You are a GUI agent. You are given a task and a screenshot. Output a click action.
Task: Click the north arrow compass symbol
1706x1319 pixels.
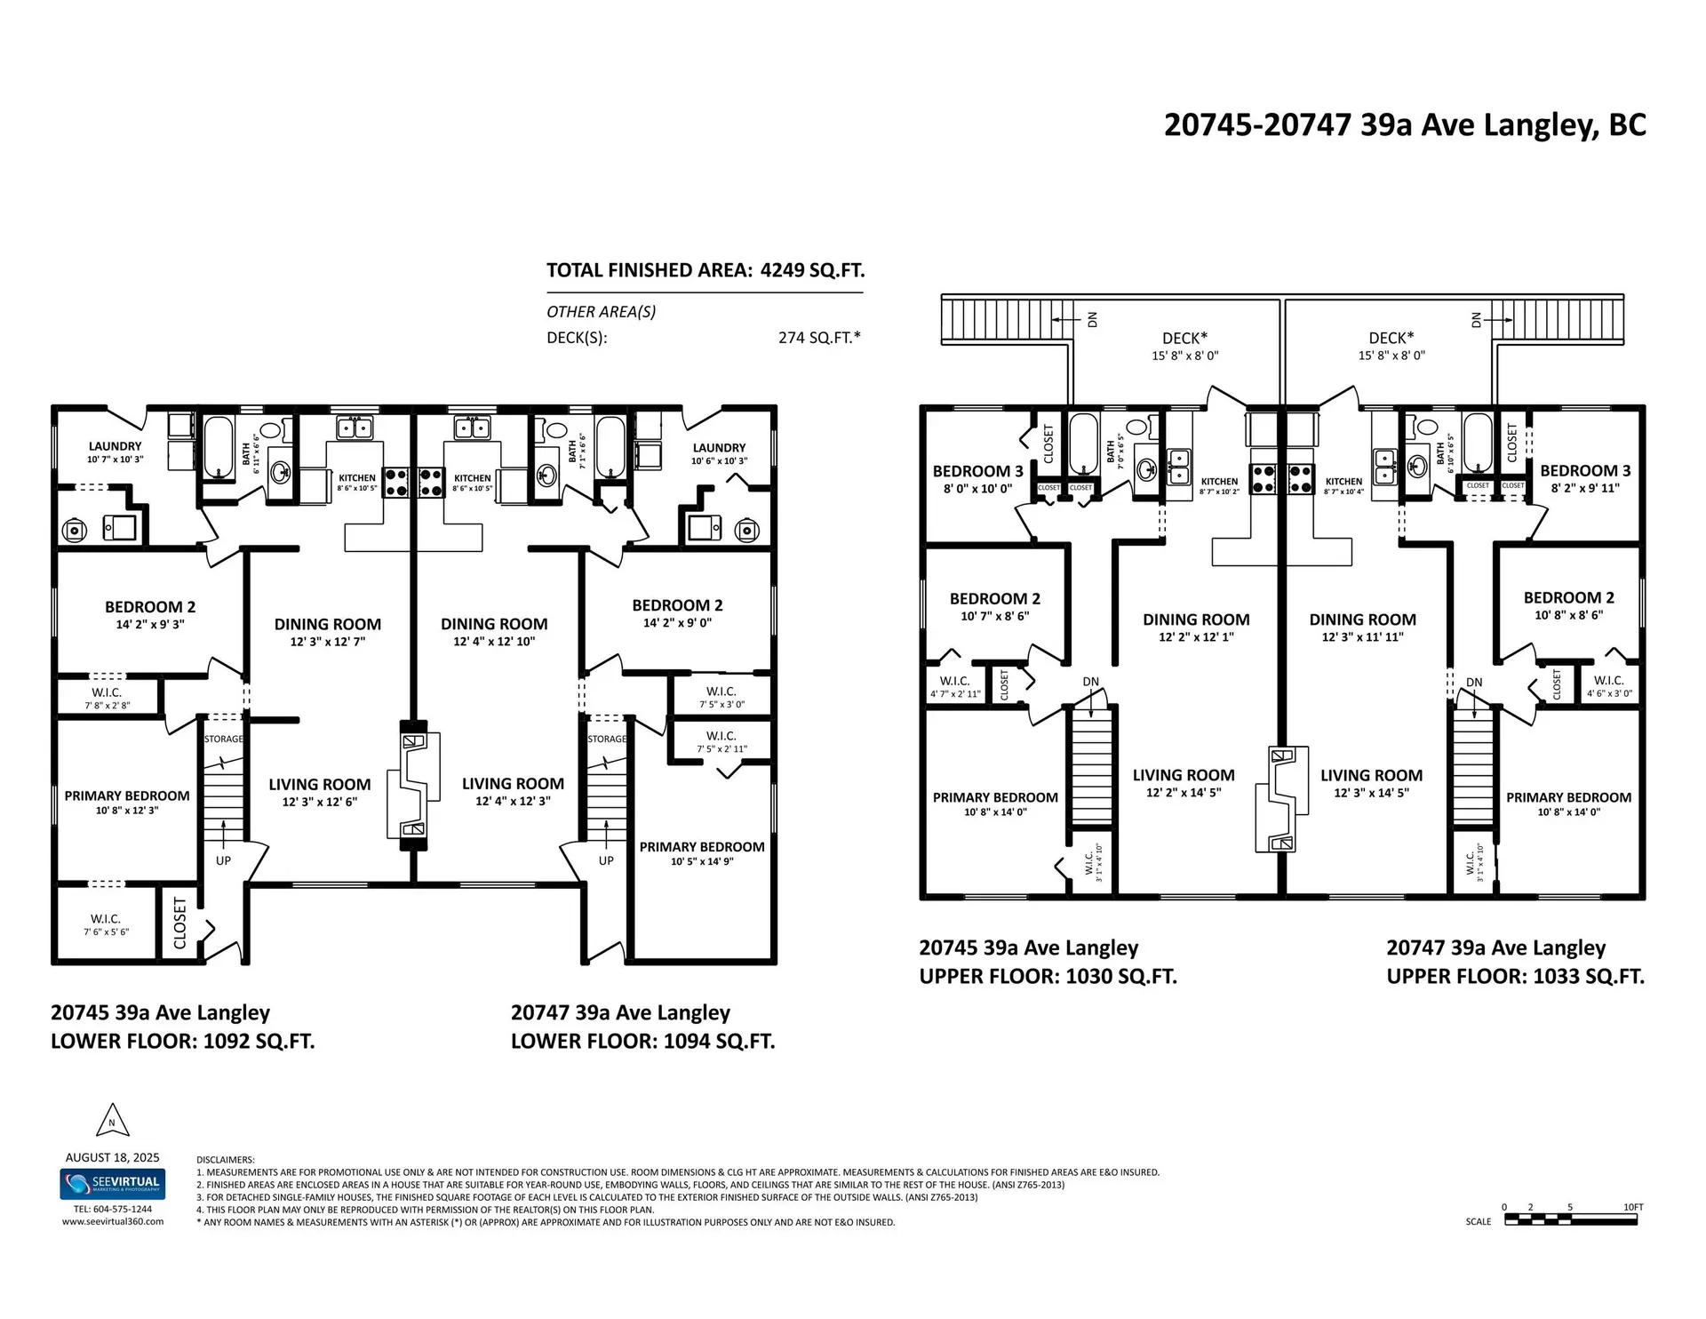(x=112, y=1121)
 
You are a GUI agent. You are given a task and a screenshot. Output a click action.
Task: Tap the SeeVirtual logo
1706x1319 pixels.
(x=113, y=1184)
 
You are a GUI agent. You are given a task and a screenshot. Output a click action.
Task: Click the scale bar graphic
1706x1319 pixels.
(x=1570, y=1220)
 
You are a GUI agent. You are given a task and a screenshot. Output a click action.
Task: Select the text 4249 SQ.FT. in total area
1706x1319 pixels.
(x=812, y=270)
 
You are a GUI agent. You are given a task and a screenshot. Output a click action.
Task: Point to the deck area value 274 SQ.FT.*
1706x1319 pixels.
(x=818, y=338)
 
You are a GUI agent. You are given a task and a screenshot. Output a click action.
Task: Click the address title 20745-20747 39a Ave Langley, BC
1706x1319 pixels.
(x=1405, y=125)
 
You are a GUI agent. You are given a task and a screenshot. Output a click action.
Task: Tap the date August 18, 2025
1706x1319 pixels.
(x=113, y=1157)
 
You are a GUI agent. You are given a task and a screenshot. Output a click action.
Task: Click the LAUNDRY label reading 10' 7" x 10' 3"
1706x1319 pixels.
(x=115, y=452)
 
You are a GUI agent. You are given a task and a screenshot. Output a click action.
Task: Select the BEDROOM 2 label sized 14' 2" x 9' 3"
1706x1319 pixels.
(x=150, y=615)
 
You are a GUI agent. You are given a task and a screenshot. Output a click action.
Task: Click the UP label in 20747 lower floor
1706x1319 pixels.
(x=606, y=860)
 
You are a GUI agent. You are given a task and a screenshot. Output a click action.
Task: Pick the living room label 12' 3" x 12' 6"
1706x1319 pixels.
(x=320, y=793)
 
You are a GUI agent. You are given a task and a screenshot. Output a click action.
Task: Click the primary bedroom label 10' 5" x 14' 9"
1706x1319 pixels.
(x=702, y=853)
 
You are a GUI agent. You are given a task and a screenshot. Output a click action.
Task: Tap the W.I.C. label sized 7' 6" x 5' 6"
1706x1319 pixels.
(x=106, y=924)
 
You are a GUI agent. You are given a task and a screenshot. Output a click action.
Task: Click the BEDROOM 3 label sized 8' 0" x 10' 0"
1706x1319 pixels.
(x=977, y=479)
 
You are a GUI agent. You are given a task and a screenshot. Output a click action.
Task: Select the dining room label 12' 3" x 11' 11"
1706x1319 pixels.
(x=1362, y=628)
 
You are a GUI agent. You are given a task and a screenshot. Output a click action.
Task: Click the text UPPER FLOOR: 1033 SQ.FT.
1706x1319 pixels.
(x=1515, y=977)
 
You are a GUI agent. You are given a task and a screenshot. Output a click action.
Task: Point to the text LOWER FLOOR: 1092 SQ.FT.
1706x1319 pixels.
(x=182, y=1042)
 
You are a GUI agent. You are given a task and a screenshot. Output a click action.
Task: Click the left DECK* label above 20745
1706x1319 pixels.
(x=1184, y=346)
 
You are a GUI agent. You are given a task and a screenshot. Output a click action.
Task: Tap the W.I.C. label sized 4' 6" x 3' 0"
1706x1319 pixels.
(x=1609, y=686)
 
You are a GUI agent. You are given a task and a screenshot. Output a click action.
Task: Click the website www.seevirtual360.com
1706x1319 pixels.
(x=113, y=1222)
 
